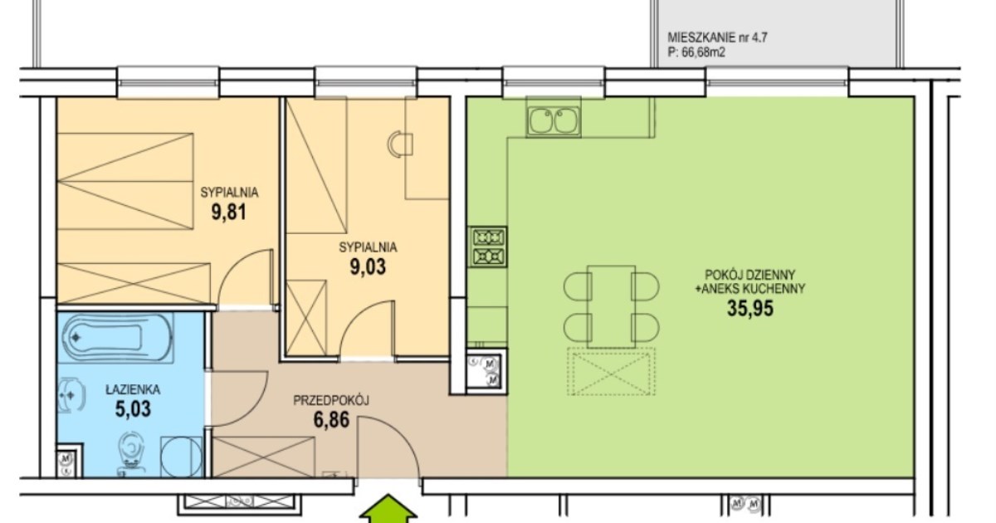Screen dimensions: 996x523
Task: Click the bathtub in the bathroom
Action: [x=117, y=338]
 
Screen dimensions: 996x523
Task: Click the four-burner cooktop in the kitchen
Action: [x=488, y=247]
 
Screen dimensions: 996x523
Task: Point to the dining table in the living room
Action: [x=612, y=306]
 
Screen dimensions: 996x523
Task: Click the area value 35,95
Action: [x=750, y=308]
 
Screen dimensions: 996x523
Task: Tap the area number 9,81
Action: [x=228, y=213]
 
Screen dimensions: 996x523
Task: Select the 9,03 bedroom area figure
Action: [x=368, y=266]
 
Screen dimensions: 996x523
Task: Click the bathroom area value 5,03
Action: [x=133, y=409]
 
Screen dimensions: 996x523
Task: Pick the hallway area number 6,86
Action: [x=331, y=420]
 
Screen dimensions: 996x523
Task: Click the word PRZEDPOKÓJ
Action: [x=331, y=401]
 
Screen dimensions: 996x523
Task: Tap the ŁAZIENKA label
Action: [x=133, y=389]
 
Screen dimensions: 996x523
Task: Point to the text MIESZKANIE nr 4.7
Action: [x=717, y=38]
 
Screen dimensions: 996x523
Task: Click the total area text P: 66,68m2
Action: [x=696, y=52]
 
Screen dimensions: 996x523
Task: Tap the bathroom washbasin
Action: [x=71, y=395]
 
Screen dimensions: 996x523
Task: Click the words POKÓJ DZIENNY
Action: [x=750, y=275]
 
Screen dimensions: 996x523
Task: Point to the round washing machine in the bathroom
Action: [x=181, y=457]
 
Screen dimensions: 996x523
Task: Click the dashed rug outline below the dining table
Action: [x=612, y=372]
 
